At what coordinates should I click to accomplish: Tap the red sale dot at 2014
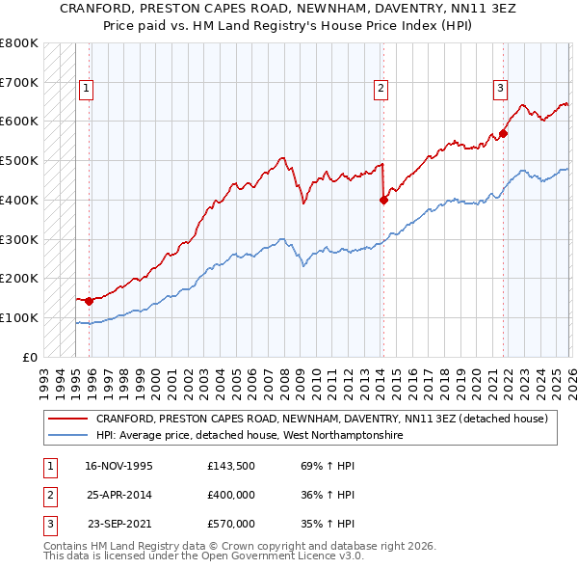click(383, 201)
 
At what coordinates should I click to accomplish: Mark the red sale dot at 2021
click(503, 134)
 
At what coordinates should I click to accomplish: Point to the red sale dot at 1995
click(90, 301)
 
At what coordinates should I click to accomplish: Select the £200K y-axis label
click(19, 278)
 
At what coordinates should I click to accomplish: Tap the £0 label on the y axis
click(29, 357)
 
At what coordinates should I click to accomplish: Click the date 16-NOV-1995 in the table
click(118, 466)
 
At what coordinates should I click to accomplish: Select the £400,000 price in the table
click(231, 495)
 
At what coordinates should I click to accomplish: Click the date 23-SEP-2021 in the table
click(119, 524)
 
